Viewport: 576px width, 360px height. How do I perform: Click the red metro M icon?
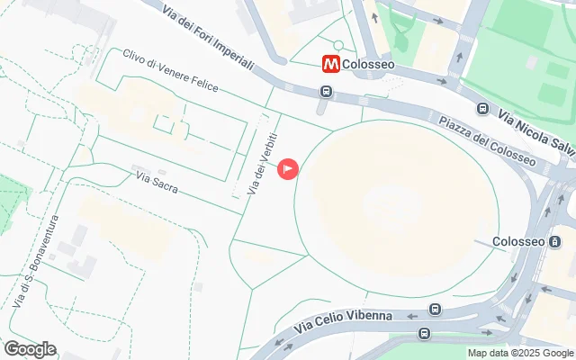click(332, 64)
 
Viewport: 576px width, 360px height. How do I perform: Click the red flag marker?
click(288, 167)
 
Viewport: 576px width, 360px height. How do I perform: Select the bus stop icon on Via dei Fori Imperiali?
click(326, 91)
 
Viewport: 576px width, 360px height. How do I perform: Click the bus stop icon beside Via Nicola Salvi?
click(483, 109)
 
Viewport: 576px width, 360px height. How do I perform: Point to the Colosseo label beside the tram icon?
click(519, 242)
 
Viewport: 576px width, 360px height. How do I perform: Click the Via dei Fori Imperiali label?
click(209, 39)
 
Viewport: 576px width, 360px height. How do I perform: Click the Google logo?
click(30, 349)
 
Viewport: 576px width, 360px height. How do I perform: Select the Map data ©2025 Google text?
click(520, 354)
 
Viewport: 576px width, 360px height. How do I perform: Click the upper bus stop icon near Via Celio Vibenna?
click(435, 310)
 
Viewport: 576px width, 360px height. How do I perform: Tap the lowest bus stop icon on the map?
click(424, 334)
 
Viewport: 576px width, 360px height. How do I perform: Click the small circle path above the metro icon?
click(338, 45)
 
